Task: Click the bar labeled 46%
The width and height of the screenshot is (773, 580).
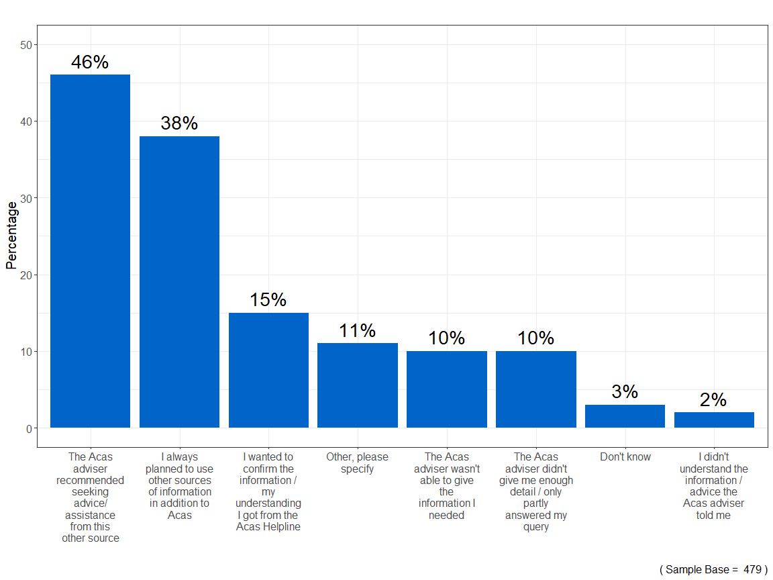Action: pos(90,251)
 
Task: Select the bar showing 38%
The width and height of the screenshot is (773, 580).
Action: pos(179,282)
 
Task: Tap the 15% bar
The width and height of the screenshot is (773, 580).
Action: pos(268,370)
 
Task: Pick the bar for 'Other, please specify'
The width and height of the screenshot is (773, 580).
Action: pos(357,385)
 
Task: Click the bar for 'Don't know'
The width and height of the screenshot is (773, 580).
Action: pos(625,416)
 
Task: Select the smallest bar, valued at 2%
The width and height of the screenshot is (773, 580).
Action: pos(714,420)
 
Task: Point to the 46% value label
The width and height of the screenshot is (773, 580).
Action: pos(90,62)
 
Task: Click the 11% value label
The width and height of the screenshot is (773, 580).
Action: pos(357,331)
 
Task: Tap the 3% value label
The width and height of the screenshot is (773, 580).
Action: pos(625,392)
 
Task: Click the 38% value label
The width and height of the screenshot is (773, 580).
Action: pos(179,124)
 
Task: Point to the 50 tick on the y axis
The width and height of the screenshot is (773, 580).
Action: pos(26,45)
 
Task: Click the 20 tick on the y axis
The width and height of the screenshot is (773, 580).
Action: pos(26,275)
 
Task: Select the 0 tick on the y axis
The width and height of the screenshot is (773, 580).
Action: pos(29,428)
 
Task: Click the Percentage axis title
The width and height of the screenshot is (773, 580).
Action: pos(11,235)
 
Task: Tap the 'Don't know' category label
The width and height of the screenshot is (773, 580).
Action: pos(625,457)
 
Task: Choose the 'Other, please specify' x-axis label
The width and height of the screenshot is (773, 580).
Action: pos(357,463)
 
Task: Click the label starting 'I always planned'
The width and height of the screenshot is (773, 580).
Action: pos(179,486)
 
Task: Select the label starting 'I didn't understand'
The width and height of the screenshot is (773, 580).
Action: pos(714,486)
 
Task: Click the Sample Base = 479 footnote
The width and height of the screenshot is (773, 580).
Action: pos(713,569)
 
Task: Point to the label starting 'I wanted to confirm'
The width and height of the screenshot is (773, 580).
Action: pos(268,492)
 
